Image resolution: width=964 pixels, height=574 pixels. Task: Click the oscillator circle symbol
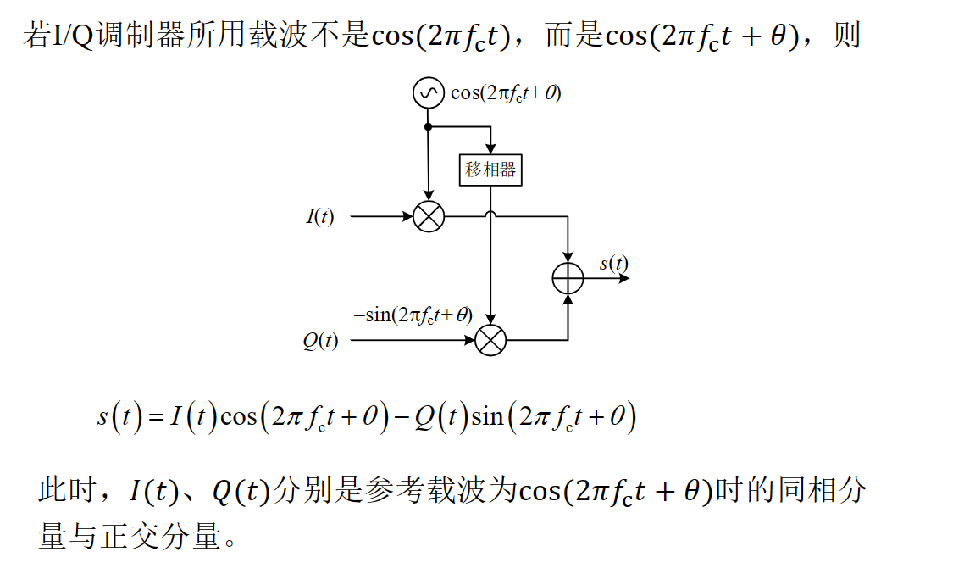point(429,92)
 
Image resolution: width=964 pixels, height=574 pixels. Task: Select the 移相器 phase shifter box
point(490,170)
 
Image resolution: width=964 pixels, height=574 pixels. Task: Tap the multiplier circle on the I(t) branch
point(429,217)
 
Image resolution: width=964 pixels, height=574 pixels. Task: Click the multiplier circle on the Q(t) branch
point(490,341)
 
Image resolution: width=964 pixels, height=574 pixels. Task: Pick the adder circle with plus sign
point(568,278)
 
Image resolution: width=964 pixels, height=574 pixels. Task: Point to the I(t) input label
point(320,217)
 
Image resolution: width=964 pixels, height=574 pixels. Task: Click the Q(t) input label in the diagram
point(320,341)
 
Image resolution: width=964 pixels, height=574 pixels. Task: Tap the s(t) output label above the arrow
point(613,263)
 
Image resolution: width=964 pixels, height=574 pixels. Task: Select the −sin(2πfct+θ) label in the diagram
point(413,315)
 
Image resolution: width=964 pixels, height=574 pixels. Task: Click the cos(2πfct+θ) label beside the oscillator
point(506,93)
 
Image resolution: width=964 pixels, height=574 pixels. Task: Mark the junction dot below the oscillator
point(429,127)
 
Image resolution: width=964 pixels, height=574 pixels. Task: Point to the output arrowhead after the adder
point(624,278)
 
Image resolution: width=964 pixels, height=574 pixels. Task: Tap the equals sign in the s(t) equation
point(154,417)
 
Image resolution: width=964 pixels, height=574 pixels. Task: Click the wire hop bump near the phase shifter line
point(490,217)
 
